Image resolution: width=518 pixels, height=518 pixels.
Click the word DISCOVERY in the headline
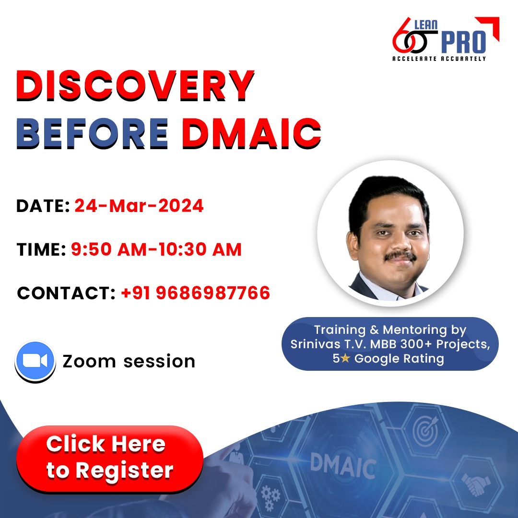[135, 86]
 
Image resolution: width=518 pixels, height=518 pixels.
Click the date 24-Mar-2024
[139, 206]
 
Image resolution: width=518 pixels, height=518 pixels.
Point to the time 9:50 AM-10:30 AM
[156, 249]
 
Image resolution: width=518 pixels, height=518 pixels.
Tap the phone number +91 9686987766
[196, 293]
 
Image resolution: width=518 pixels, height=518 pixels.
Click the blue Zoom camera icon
[35, 361]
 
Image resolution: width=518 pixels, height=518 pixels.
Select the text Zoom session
[129, 361]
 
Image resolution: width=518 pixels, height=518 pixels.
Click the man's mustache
[400, 257]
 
